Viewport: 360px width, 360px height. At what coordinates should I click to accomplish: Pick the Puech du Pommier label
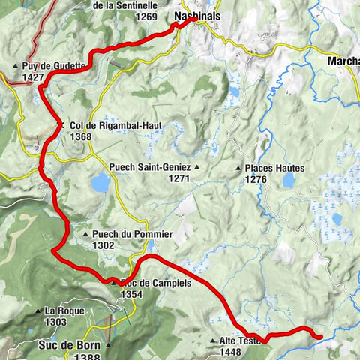[x=133, y=234]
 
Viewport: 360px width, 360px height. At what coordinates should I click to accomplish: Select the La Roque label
[x=61, y=310]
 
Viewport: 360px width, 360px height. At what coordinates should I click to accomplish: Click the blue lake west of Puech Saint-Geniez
[x=100, y=182]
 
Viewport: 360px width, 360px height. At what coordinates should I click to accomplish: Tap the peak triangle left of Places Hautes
[x=238, y=169]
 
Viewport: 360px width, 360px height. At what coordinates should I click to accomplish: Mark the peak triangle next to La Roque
[x=38, y=310]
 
